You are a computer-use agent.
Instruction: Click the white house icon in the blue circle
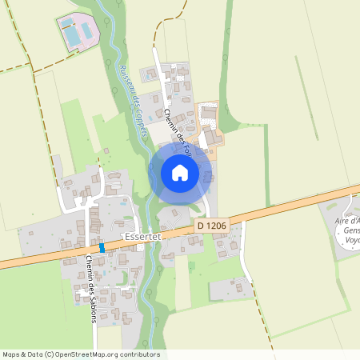(180, 172)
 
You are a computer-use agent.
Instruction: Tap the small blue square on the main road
(102, 249)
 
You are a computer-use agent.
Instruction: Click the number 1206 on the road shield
(216, 227)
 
